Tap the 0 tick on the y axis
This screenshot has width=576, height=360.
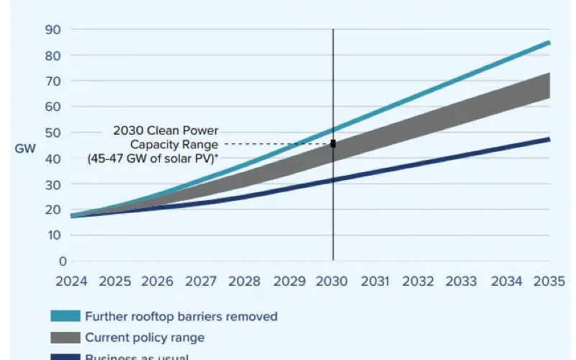(x=63, y=261)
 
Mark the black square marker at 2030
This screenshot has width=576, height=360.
(x=333, y=144)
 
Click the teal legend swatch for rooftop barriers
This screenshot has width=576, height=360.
(x=64, y=316)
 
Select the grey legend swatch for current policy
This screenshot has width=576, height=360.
(x=64, y=337)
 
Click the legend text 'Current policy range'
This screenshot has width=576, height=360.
(x=145, y=337)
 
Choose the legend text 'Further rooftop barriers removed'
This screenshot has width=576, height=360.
(x=181, y=316)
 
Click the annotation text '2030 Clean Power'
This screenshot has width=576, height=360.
(x=166, y=131)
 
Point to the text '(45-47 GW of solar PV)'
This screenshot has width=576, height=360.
(x=153, y=158)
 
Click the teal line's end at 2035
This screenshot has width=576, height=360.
(x=549, y=42)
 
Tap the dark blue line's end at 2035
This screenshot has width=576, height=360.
(x=549, y=139)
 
